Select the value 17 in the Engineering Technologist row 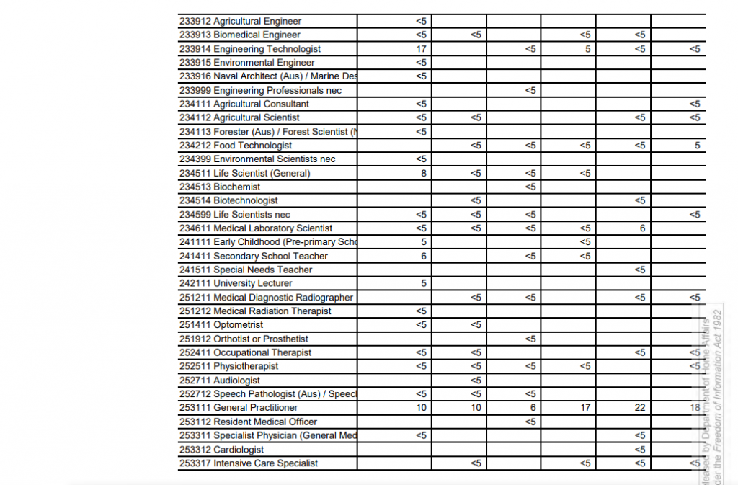pos(422,49)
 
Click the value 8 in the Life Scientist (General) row pos(424,173)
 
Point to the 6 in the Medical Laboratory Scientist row pos(642,228)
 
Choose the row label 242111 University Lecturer pos(235,283)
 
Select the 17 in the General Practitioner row pos(585,408)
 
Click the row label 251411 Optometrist pos(221,325)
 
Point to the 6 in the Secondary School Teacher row pos(424,256)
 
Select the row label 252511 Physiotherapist pos(228,366)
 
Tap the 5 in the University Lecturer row pos(424,283)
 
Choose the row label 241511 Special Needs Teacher pos(245,270)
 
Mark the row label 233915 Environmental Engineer pos(246,63)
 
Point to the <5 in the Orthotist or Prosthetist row pos(530,339)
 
